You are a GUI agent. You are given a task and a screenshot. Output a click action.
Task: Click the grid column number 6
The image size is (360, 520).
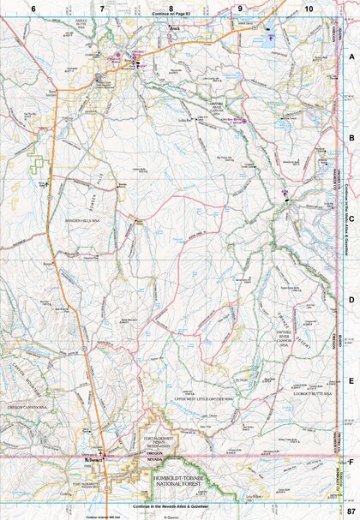click(33, 7)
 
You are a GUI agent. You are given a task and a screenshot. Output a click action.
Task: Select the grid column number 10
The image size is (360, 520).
click(308, 7)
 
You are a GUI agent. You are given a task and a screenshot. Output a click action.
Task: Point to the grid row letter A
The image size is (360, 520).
click(351, 54)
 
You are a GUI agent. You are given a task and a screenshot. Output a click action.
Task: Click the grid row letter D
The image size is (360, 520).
click(351, 300)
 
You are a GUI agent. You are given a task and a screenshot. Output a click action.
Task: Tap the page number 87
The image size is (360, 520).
click(351, 511)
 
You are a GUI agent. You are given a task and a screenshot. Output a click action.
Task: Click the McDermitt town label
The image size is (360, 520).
click(93, 460)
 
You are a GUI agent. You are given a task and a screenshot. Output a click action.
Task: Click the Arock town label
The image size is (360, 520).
click(175, 28)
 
